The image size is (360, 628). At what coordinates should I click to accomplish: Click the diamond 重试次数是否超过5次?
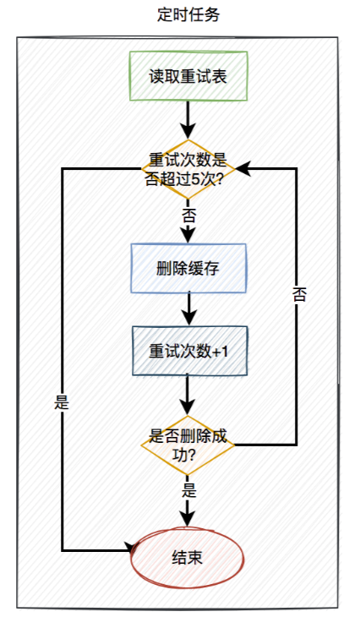tap(188, 169)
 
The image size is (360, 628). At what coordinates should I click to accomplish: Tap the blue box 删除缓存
tap(188, 268)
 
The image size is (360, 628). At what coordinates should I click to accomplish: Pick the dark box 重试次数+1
tap(188, 351)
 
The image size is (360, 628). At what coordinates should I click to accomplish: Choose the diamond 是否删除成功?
tap(188, 445)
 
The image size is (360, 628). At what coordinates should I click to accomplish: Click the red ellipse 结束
tap(188, 558)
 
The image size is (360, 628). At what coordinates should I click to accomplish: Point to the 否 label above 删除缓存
tap(189, 216)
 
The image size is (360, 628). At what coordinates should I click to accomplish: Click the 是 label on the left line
tap(62, 403)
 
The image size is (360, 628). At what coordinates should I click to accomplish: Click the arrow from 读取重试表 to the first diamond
tap(188, 118)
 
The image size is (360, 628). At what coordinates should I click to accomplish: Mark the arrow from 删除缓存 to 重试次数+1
tap(188, 309)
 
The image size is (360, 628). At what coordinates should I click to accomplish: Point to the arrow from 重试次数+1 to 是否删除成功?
tap(188, 393)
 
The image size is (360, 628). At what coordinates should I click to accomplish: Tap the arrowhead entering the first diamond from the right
tap(241, 169)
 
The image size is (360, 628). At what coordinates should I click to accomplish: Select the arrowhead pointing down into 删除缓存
tap(188, 237)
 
